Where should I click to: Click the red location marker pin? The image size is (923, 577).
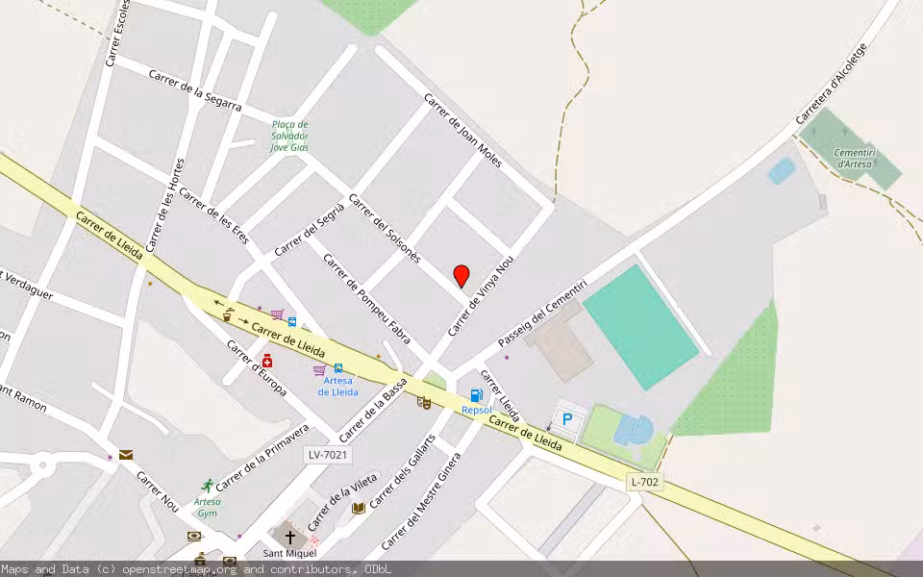(x=461, y=275)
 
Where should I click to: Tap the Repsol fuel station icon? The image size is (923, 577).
(x=476, y=395)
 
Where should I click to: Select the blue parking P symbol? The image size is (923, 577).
(x=566, y=418)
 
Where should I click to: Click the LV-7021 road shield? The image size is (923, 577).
(x=327, y=454)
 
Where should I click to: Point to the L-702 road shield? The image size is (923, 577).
(x=645, y=482)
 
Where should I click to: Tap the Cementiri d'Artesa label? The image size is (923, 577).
(x=853, y=158)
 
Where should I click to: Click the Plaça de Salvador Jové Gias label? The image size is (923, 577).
(x=288, y=136)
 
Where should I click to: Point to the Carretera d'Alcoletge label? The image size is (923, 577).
(x=832, y=84)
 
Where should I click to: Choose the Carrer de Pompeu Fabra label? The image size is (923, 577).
(x=366, y=298)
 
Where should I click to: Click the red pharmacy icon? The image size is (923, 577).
(x=267, y=361)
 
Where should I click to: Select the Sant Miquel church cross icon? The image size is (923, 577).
(x=289, y=537)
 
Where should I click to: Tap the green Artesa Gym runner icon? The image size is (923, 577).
(x=207, y=486)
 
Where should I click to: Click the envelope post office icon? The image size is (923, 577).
(x=126, y=455)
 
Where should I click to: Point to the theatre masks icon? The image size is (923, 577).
(x=424, y=402)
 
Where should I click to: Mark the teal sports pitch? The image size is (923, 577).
(x=640, y=327)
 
